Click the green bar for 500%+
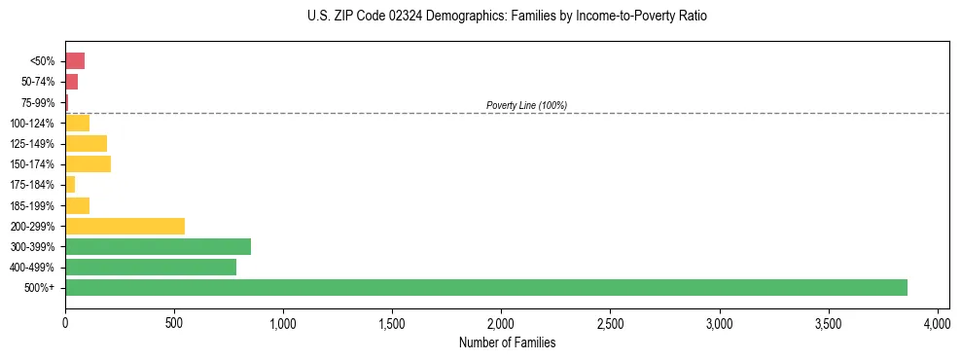pyautogui.click(x=486, y=287)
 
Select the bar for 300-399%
pyautogui.click(x=158, y=246)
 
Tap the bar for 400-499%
pyautogui.click(x=151, y=267)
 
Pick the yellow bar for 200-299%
pyautogui.click(x=125, y=226)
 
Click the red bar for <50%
pyautogui.click(x=75, y=61)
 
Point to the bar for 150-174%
pyautogui.click(x=88, y=163)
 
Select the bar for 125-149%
pyautogui.click(x=86, y=143)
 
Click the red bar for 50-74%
pyautogui.click(x=71, y=82)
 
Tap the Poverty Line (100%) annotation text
pyautogui.click(x=526, y=105)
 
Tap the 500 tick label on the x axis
pyautogui.click(x=174, y=322)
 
